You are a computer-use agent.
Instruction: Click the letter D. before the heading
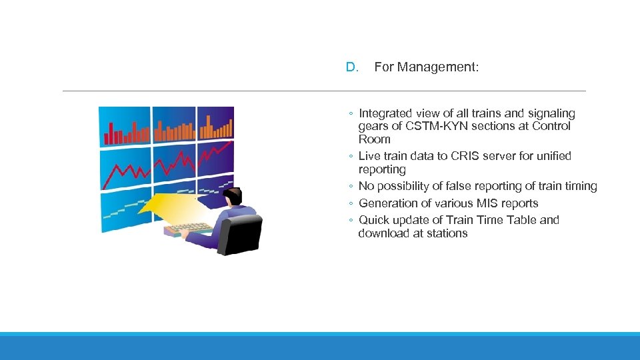point(352,67)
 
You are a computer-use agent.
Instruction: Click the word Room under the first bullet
point(374,139)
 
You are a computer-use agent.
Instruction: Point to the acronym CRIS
point(470,156)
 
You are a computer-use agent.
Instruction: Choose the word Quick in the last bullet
point(375,220)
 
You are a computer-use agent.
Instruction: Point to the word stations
point(446,233)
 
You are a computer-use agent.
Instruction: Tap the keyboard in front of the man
point(187,229)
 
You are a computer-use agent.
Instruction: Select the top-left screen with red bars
point(125,127)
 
